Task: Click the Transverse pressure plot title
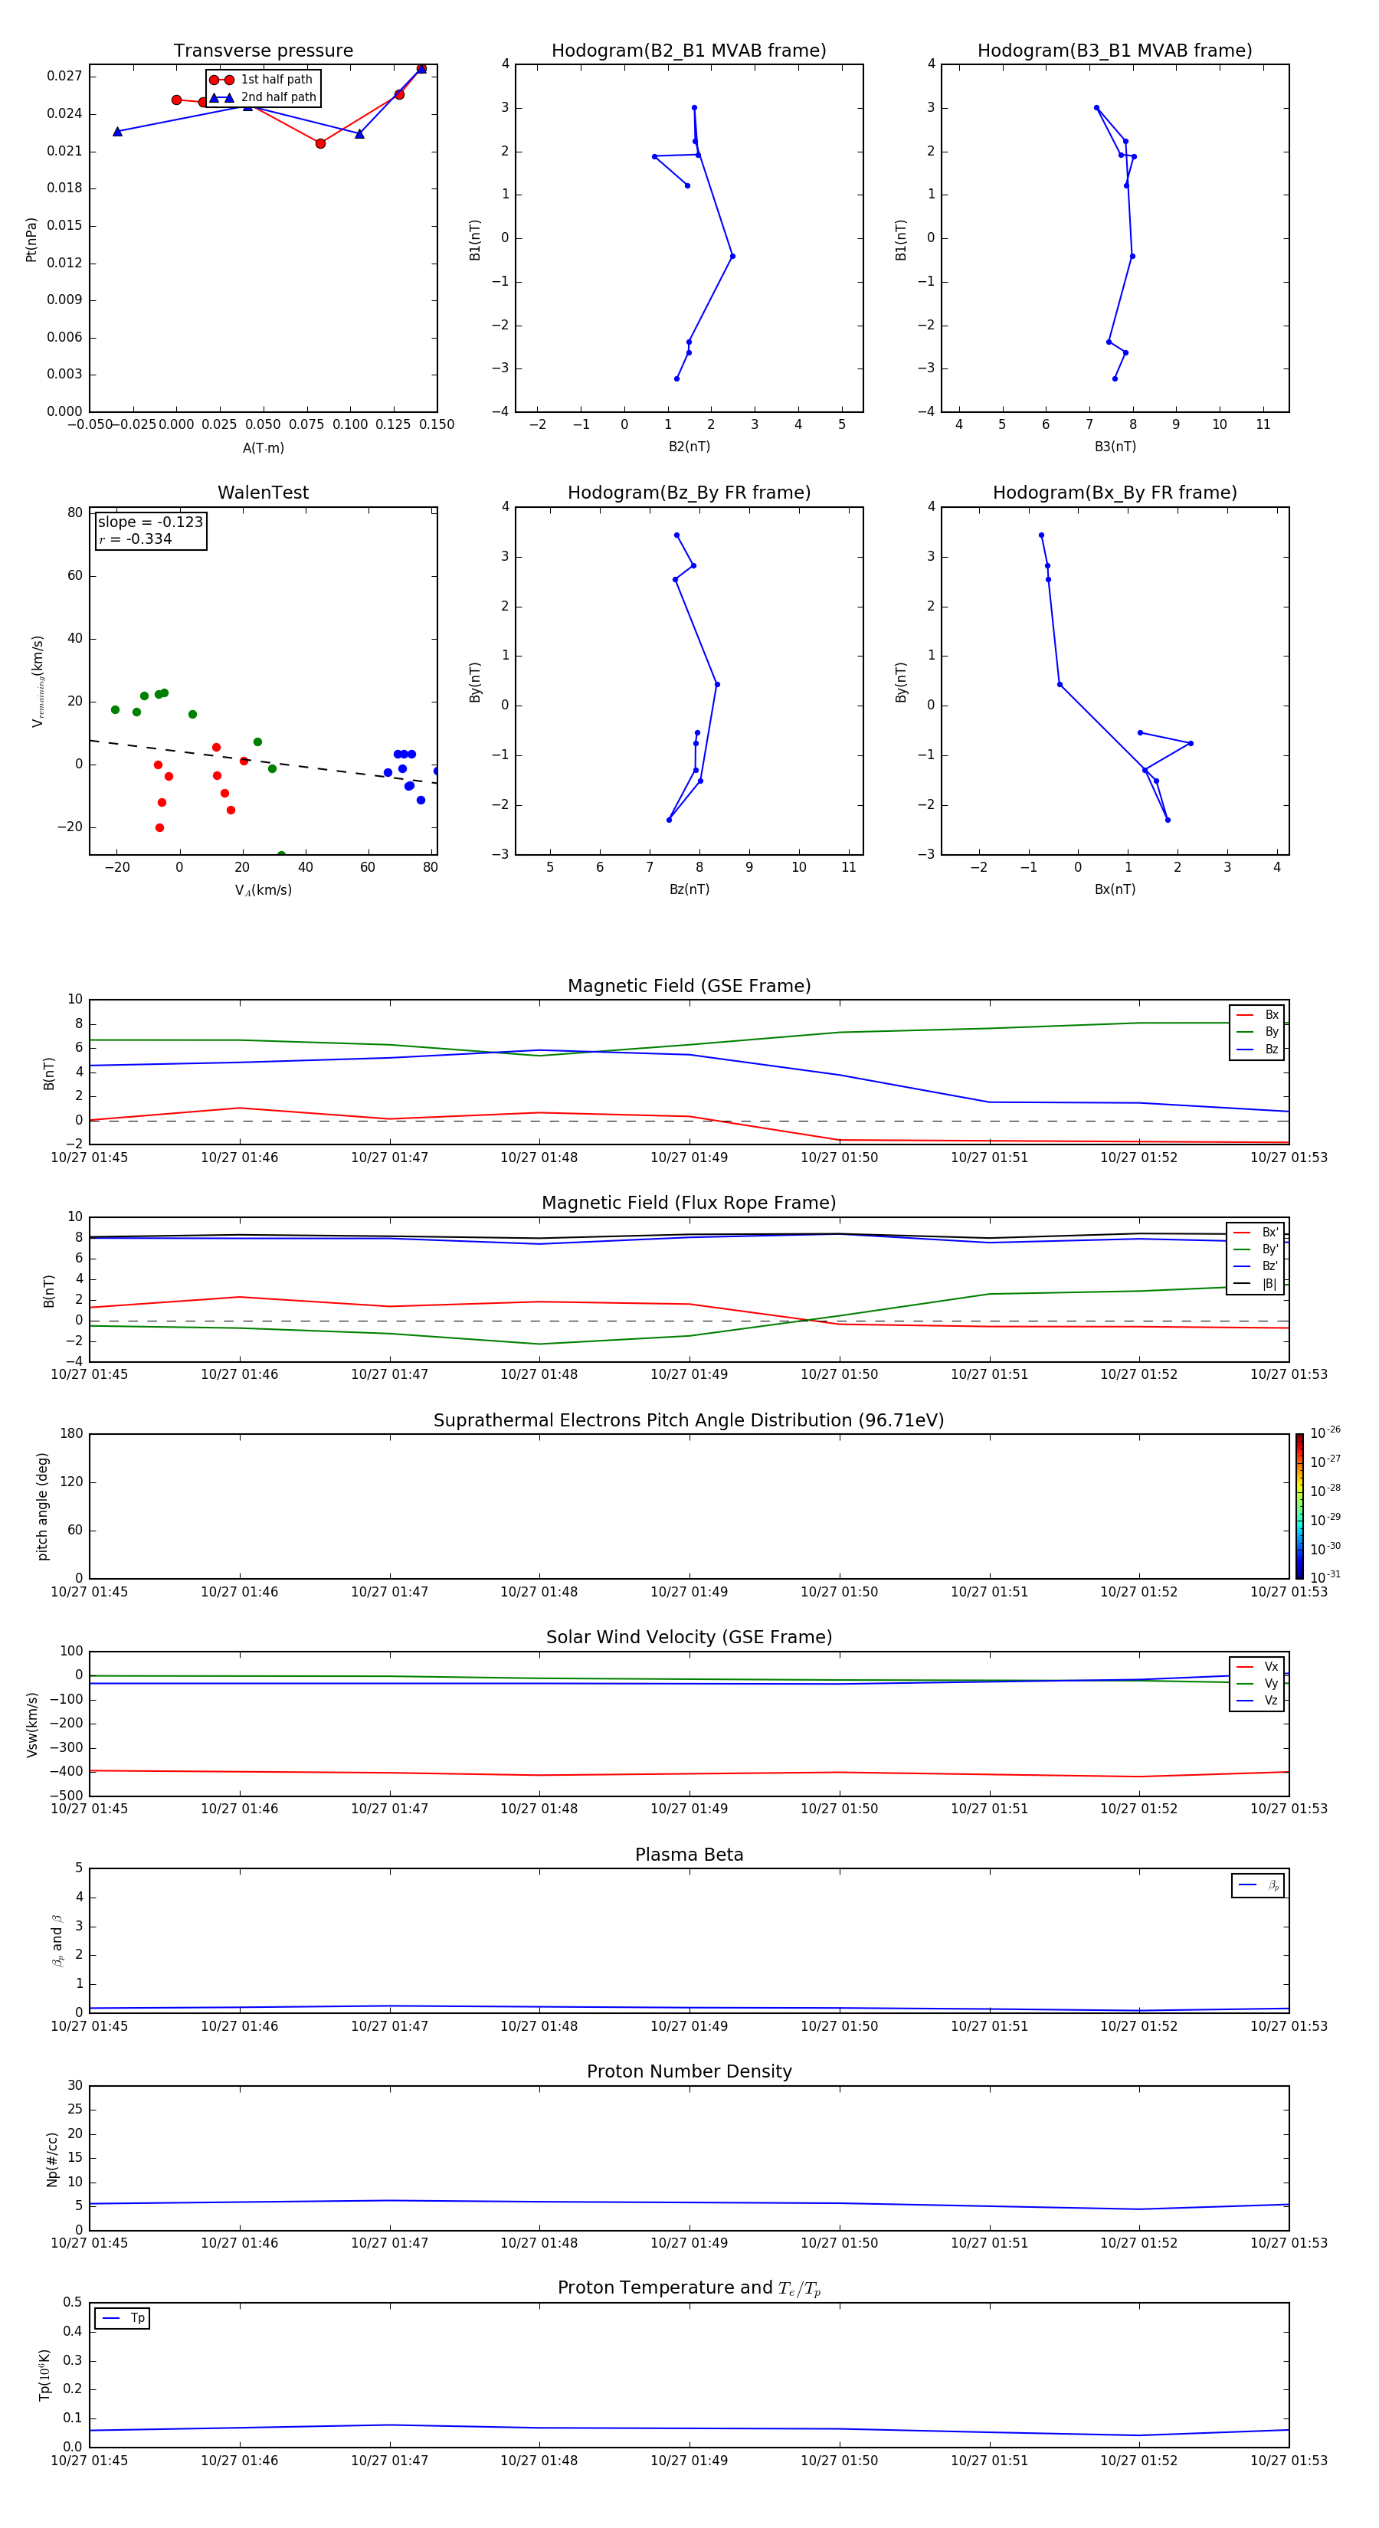[263, 51]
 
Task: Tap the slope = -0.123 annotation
[150, 522]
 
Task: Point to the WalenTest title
[263, 493]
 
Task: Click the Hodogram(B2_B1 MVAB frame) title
[688, 51]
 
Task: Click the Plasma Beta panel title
[688, 1855]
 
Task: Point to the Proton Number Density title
[688, 2071]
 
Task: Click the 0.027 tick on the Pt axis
[65, 77]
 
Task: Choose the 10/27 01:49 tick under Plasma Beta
[689, 2025]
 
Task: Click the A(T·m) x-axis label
[263, 448]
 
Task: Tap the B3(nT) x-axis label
[1115, 447]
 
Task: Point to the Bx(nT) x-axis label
[1115, 889]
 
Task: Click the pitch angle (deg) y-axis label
[42, 1505]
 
